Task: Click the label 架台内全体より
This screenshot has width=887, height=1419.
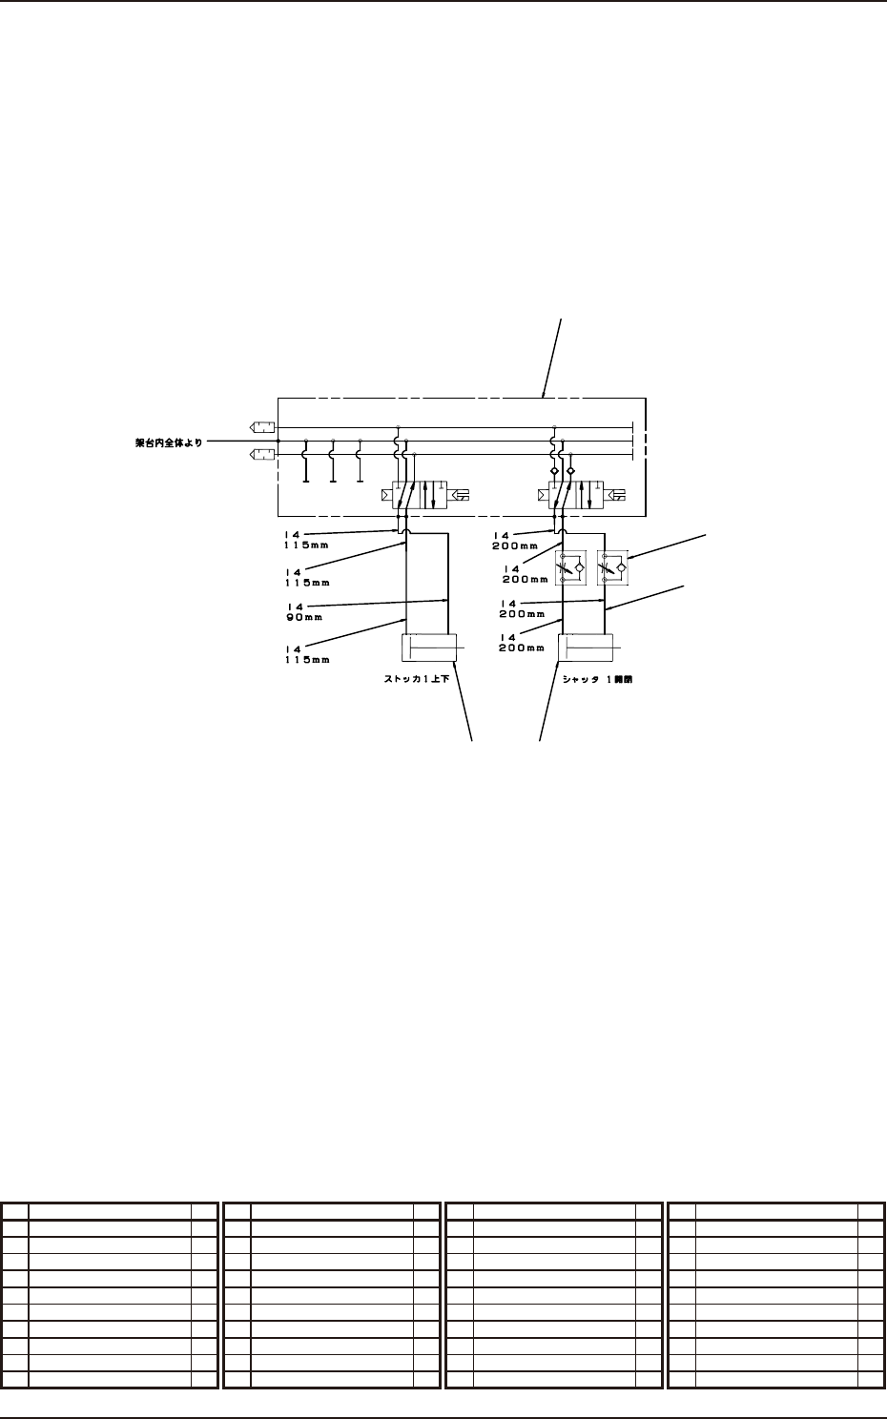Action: (169, 442)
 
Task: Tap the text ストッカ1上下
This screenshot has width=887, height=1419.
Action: (409, 679)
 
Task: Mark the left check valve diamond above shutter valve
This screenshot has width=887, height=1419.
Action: (554, 471)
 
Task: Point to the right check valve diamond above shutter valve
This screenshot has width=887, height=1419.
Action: (570, 471)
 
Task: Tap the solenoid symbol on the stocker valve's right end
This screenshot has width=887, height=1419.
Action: (461, 495)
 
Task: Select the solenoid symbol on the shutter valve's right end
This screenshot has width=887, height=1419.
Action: (617, 495)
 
